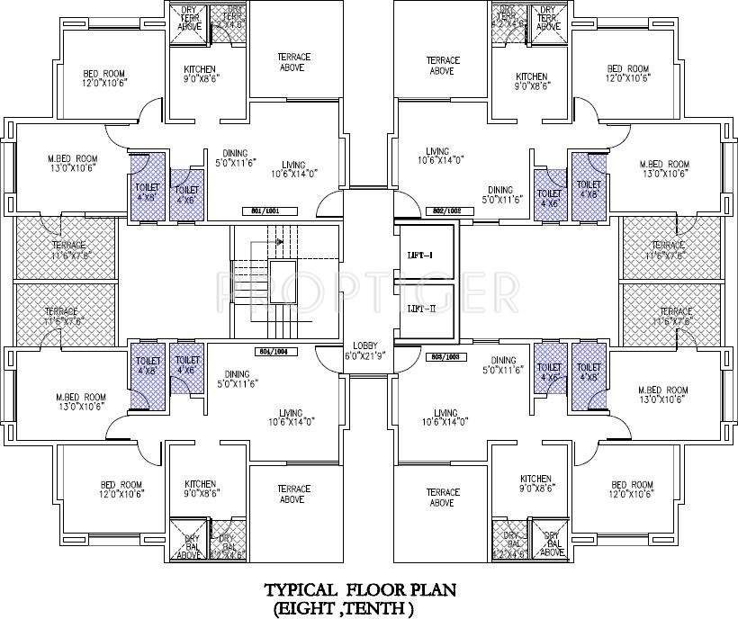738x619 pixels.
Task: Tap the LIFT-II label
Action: pos(421,309)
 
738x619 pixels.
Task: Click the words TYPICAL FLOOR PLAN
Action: pos(359,590)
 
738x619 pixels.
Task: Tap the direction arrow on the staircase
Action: pos(281,241)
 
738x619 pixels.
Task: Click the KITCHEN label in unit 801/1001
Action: pos(200,75)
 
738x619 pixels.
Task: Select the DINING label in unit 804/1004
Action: pos(237,379)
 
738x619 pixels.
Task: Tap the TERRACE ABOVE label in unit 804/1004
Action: pos(292,494)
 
